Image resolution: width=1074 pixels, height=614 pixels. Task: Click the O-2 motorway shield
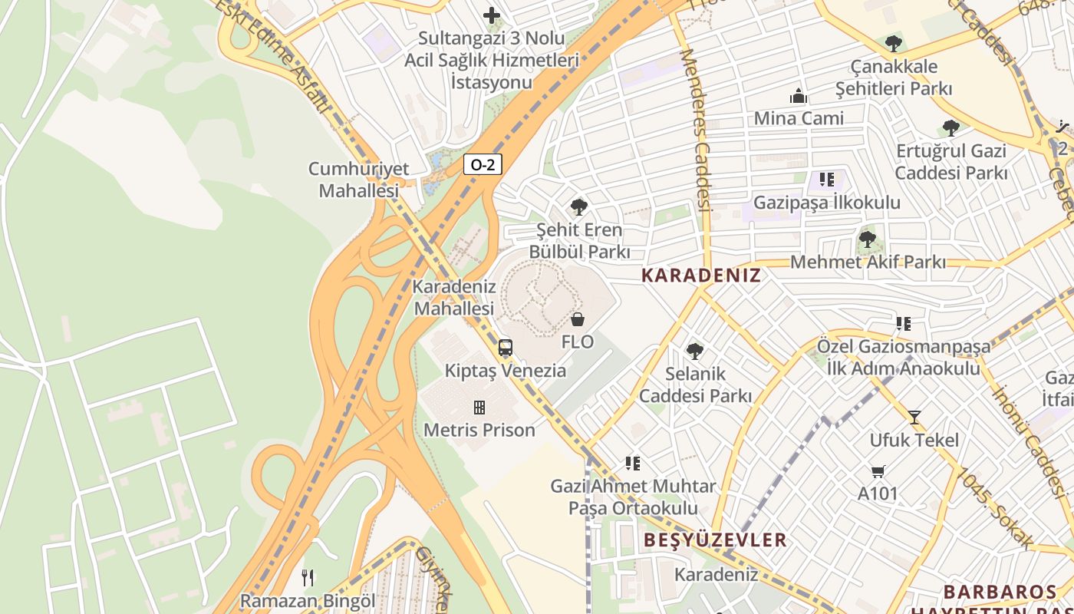[x=483, y=164]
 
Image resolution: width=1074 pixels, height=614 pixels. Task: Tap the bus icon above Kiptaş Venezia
[x=505, y=348]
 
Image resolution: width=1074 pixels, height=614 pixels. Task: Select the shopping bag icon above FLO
[x=578, y=319]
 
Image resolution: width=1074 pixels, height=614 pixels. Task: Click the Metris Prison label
[x=479, y=430]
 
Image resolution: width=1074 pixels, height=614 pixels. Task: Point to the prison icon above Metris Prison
[x=479, y=407]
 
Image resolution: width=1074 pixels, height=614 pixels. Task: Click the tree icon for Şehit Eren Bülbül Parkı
[x=579, y=206]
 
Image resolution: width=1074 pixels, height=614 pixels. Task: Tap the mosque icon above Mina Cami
[x=799, y=96]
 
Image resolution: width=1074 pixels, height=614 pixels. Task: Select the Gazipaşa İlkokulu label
[x=827, y=203]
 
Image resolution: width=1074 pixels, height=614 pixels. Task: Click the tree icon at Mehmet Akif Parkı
[x=868, y=239]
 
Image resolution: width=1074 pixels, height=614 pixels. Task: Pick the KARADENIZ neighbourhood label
[x=701, y=276]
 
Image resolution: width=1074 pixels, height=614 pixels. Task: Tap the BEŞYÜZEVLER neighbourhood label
[x=716, y=540]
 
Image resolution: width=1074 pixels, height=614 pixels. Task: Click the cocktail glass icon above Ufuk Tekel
[x=914, y=418]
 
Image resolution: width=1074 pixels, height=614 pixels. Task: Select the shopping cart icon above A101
[x=878, y=470]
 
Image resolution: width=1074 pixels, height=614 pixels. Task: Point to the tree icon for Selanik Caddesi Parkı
[x=695, y=351]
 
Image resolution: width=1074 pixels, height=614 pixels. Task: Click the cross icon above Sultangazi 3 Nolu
[x=492, y=15]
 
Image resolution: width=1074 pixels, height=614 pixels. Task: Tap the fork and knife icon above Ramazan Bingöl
[x=308, y=577]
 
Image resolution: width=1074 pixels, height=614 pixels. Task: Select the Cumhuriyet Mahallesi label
[x=358, y=180]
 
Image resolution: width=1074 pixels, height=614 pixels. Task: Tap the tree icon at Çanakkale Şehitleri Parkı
[x=893, y=43]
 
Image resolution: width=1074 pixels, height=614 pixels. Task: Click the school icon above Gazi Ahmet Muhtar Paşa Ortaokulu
[x=633, y=463]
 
